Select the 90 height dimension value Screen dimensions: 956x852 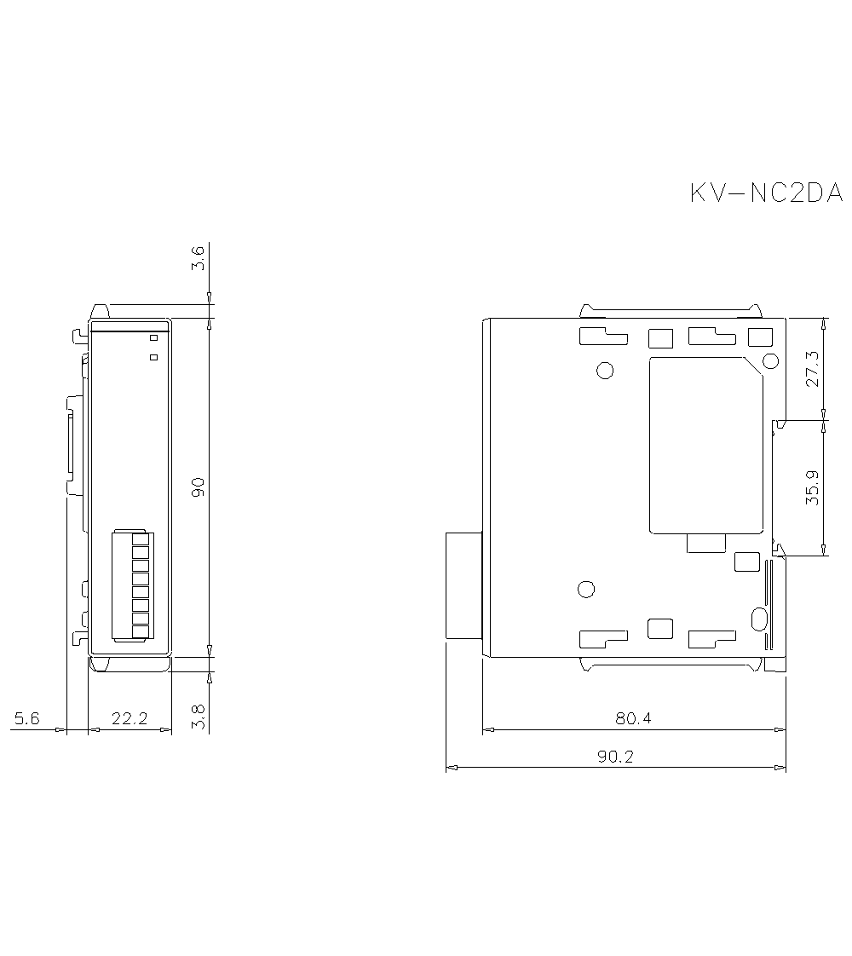[x=198, y=487]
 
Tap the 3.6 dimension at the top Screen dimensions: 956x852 [x=198, y=258]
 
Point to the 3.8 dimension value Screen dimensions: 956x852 [x=198, y=718]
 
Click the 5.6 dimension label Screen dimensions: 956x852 [x=26, y=719]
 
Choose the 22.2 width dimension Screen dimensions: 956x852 [x=130, y=719]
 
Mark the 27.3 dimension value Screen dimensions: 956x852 [x=812, y=369]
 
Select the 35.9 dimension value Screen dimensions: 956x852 [x=812, y=487]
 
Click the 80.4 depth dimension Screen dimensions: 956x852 [x=633, y=718]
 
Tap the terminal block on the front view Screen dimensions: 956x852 [x=130, y=585]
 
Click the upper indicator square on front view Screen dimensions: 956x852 [x=154, y=338]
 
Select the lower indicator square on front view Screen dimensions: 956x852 [x=154, y=357]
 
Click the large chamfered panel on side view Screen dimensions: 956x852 [x=705, y=445]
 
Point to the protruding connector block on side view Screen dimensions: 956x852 [x=463, y=585]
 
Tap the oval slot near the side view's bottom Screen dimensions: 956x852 [x=757, y=618]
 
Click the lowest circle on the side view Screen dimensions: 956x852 [x=586, y=589]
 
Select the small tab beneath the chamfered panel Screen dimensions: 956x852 [x=706, y=543]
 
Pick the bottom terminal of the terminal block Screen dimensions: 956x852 [x=141, y=631]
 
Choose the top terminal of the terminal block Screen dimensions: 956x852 [x=141, y=539]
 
